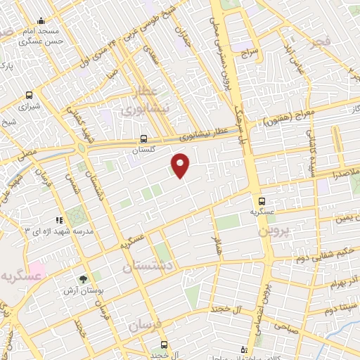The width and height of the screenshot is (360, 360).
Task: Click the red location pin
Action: coord(181,166)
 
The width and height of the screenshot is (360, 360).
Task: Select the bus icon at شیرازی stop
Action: coord(29,95)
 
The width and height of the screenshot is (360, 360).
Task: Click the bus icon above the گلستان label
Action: coord(143,139)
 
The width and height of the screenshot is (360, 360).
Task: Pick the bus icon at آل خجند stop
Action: coord(164,345)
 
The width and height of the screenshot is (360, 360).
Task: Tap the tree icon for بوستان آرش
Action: coord(83,280)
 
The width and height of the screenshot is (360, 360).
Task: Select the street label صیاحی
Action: coord(288,326)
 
